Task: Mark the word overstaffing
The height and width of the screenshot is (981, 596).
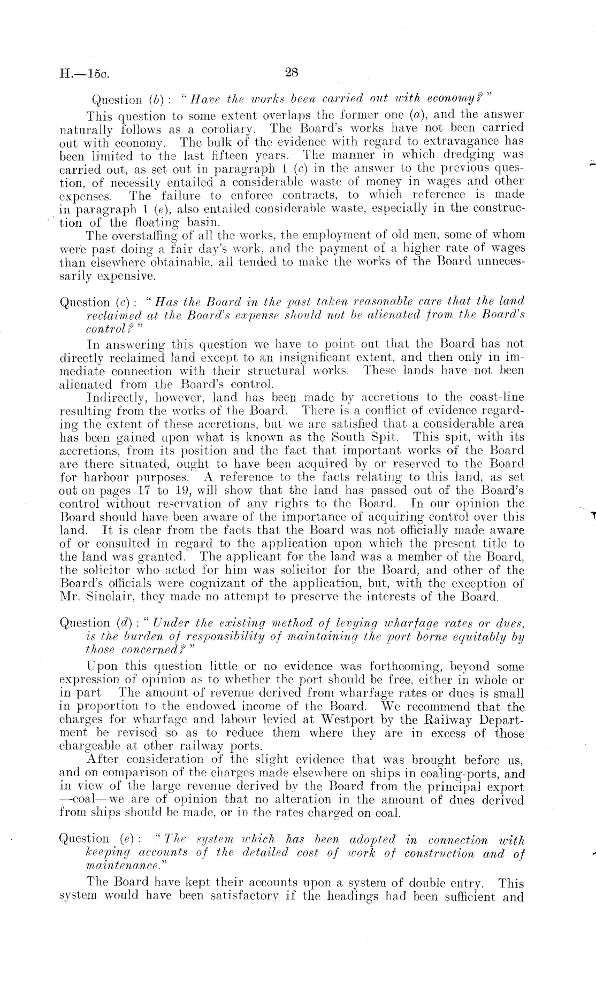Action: point(132,235)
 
